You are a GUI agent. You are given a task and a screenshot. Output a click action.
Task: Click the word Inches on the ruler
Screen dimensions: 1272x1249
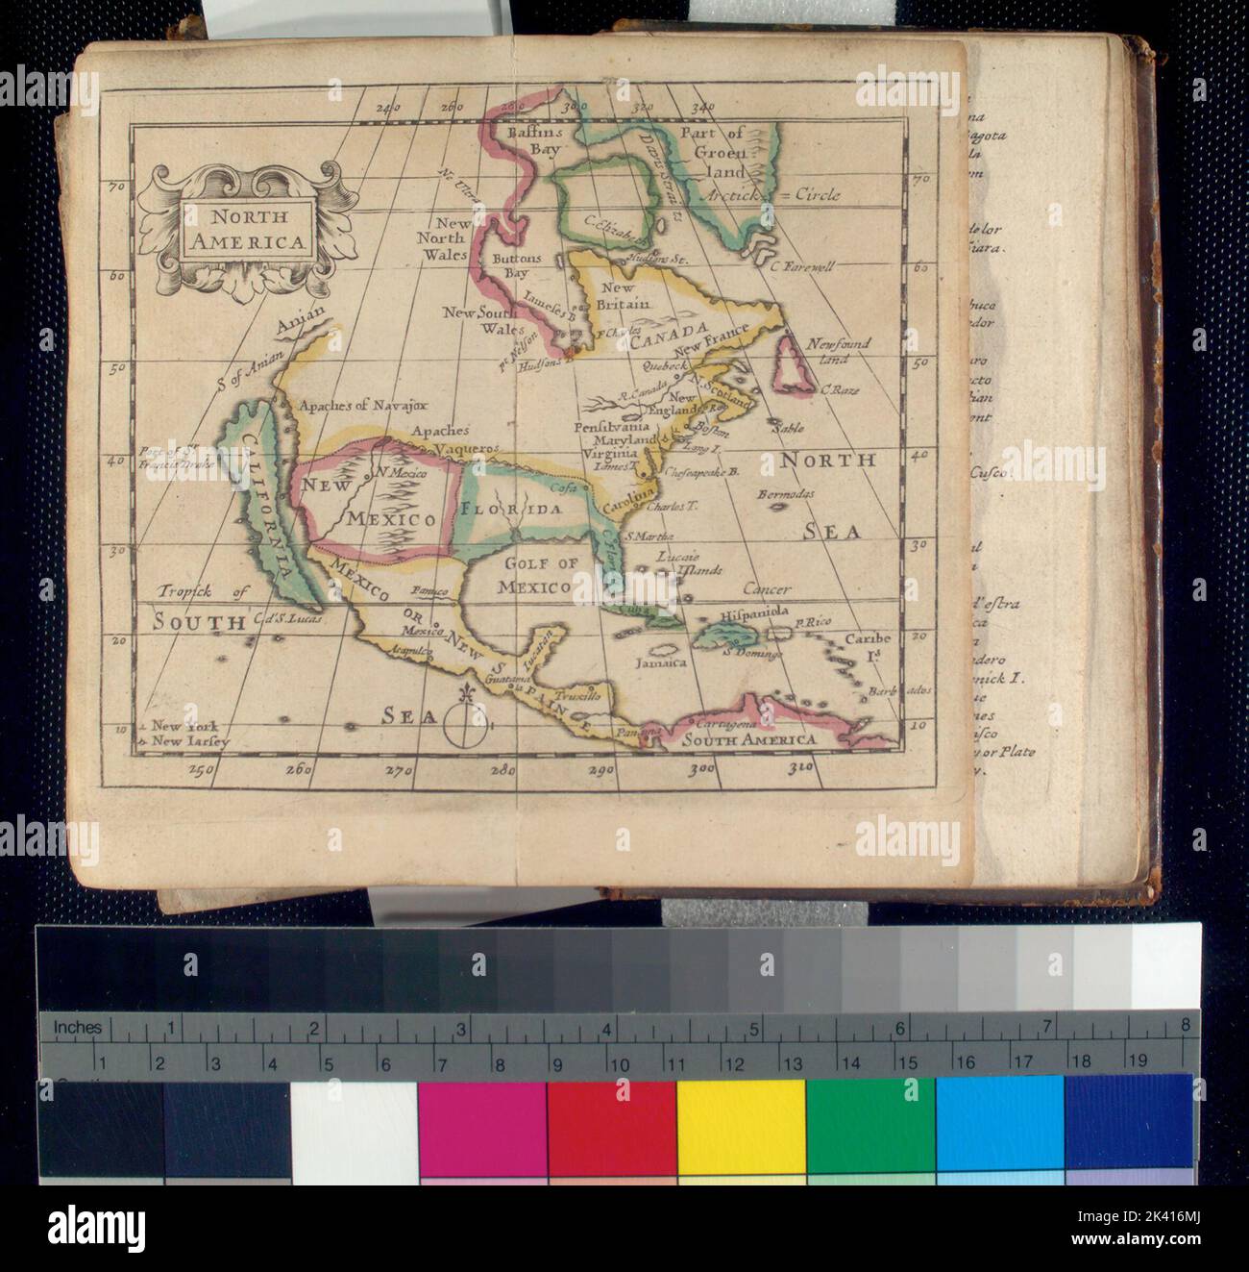[x=77, y=1027]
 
